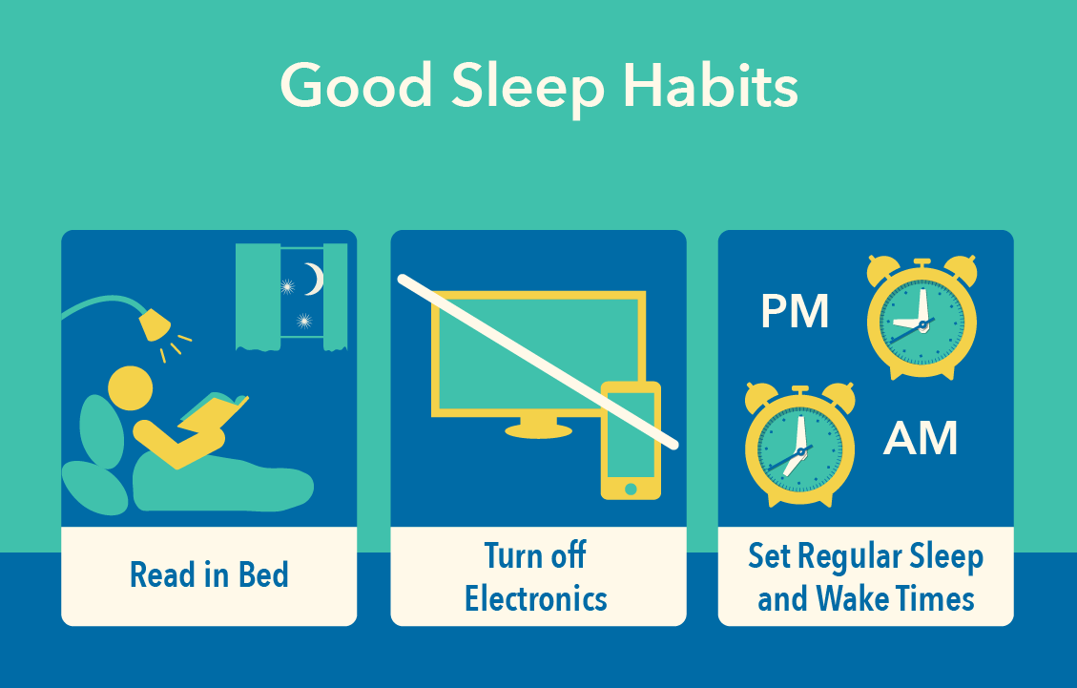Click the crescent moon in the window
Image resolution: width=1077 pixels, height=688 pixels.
314,279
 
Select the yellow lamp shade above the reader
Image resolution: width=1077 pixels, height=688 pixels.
153,324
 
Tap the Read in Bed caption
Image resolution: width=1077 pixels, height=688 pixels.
209,575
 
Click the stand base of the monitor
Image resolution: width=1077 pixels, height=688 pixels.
538,429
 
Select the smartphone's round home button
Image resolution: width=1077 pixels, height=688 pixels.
630,489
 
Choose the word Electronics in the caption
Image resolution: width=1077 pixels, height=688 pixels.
536,598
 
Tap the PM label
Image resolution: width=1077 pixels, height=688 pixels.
795,312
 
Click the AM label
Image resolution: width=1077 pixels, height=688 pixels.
920,438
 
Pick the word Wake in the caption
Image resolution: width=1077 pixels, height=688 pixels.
851,598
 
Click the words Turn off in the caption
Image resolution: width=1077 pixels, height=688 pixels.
535,555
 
